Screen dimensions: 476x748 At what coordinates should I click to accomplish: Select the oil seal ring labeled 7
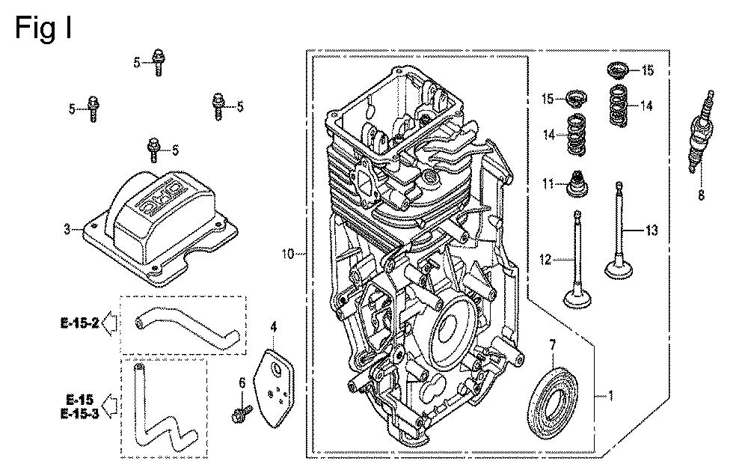(x=557, y=394)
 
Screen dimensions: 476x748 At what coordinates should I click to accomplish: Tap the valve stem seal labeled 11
(x=576, y=184)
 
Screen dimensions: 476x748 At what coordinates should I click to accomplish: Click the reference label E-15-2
(x=79, y=323)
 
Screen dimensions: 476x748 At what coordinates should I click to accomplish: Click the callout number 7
(x=553, y=344)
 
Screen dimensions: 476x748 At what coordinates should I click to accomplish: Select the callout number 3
(x=67, y=229)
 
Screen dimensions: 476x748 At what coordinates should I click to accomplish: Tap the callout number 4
(x=274, y=326)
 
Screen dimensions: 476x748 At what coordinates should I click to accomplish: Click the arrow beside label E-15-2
(x=110, y=323)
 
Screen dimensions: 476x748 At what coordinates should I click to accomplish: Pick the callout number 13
(x=652, y=231)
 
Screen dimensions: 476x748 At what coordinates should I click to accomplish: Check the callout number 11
(x=547, y=183)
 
